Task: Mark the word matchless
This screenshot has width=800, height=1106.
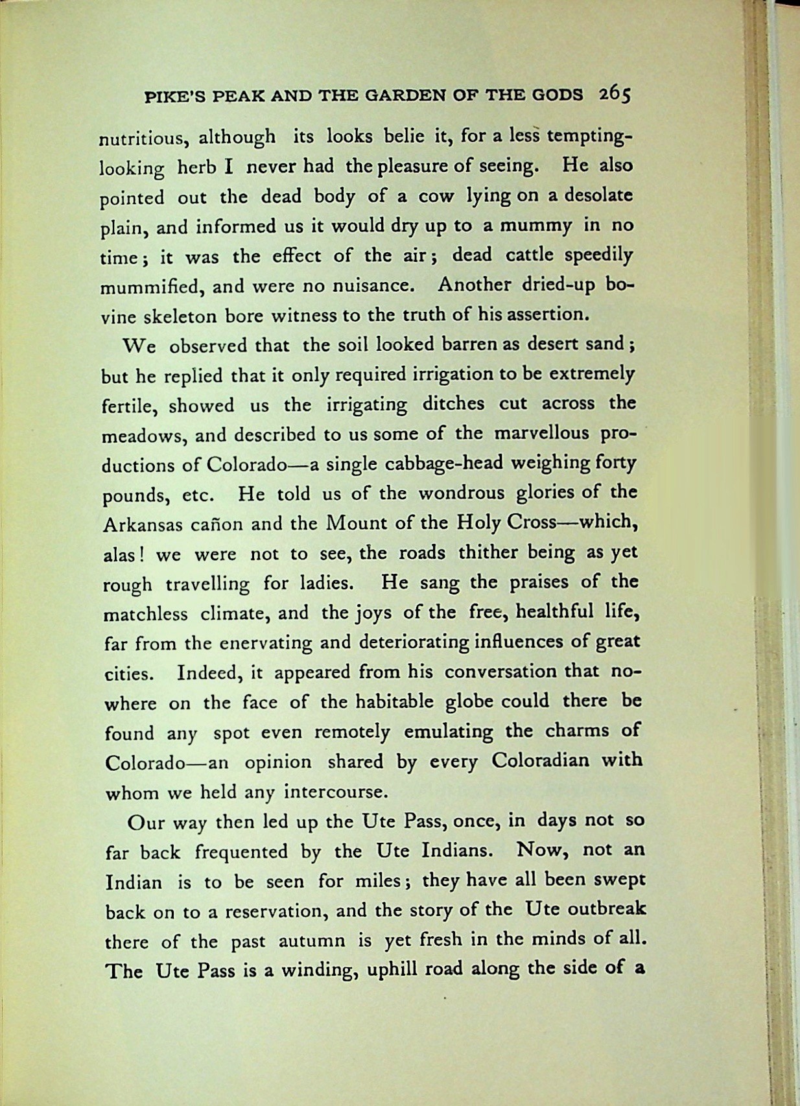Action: [145, 613]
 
